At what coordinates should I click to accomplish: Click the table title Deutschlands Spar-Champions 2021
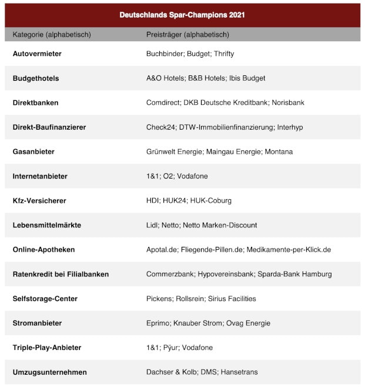click(182, 14)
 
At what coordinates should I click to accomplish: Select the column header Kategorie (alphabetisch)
click(52, 35)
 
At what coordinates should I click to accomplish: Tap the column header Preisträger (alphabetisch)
click(188, 35)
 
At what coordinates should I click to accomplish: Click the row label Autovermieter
click(37, 54)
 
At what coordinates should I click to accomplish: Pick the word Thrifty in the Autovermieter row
click(224, 54)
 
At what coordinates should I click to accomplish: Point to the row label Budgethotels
click(36, 78)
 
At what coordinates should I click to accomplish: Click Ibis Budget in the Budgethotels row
click(247, 78)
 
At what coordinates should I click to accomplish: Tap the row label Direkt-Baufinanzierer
click(49, 127)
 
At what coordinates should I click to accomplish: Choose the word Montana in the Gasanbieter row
click(279, 151)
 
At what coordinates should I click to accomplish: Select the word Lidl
click(152, 225)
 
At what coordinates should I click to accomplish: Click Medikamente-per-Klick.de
click(289, 250)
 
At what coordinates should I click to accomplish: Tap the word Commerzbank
click(170, 274)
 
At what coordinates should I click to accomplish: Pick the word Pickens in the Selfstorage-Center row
click(159, 299)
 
